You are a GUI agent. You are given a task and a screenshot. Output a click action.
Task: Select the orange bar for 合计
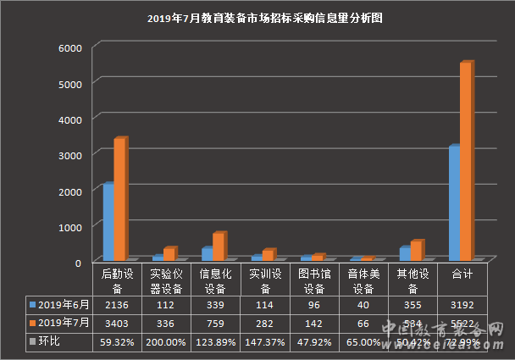tap(465, 161)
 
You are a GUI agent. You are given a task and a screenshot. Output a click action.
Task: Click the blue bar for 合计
tap(454, 203)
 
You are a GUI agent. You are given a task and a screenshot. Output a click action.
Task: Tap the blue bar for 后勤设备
tap(108, 221)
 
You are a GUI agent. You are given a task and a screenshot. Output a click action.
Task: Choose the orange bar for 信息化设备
tap(218, 246)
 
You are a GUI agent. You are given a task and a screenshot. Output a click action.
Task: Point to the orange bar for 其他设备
tap(415, 250)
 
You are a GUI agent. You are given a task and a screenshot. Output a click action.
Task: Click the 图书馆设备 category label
tap(314, 280)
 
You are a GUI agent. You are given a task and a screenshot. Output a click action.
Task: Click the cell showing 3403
tap(117, 323)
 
